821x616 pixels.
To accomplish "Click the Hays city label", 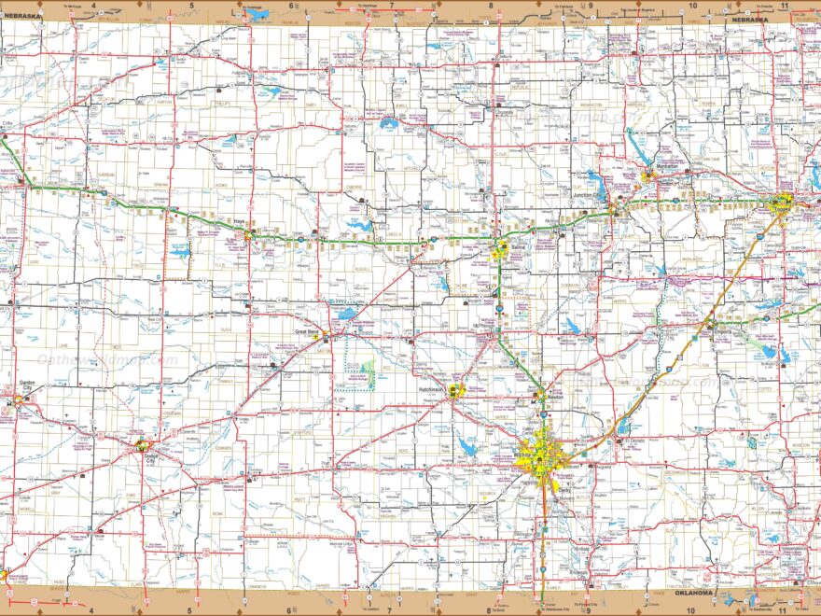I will pos(239,221).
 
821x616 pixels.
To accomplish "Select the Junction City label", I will pos(590,208).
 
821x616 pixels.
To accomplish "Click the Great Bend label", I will pos(308,331).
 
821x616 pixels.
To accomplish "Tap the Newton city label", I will pos(555,396).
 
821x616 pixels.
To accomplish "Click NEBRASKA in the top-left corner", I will pos(23,16).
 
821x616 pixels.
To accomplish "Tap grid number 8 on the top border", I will pos(490,7).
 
